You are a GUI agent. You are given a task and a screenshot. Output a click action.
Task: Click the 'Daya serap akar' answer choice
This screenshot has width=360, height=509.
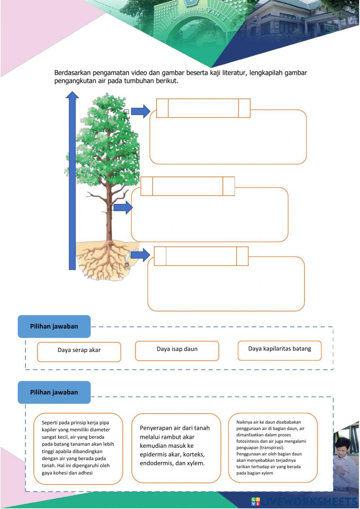coord(79,352)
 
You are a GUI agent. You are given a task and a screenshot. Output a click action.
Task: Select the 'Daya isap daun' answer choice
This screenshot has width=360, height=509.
coord(177,351)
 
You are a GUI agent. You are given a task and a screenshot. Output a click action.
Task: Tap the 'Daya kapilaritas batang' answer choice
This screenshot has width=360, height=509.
coord(279,350)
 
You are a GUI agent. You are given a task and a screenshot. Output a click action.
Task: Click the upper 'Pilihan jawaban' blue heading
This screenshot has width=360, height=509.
coord(54,326)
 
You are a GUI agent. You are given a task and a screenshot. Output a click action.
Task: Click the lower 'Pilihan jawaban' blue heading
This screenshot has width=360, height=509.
coord(54,392)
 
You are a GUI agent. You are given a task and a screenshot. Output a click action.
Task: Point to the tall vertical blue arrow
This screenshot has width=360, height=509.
coord(72,180)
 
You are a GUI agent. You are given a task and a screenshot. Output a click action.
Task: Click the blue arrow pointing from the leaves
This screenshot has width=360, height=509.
coord(140,111)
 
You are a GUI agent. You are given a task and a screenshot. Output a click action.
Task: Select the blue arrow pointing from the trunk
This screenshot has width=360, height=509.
coord(123,207)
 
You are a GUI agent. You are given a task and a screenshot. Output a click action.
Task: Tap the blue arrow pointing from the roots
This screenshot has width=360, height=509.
coord(140,255)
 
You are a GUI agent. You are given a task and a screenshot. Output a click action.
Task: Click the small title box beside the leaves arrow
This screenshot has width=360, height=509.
coord(203,108)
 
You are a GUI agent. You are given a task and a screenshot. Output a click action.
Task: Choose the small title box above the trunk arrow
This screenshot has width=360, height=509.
coord(188,186)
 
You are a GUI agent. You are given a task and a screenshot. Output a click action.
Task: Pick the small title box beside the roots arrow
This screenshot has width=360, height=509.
coord(201,256)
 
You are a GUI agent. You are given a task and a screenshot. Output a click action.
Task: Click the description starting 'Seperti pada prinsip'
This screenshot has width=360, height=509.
coord(78,448)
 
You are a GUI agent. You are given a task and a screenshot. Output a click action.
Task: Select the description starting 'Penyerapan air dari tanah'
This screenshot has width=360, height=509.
coord(176,446)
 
